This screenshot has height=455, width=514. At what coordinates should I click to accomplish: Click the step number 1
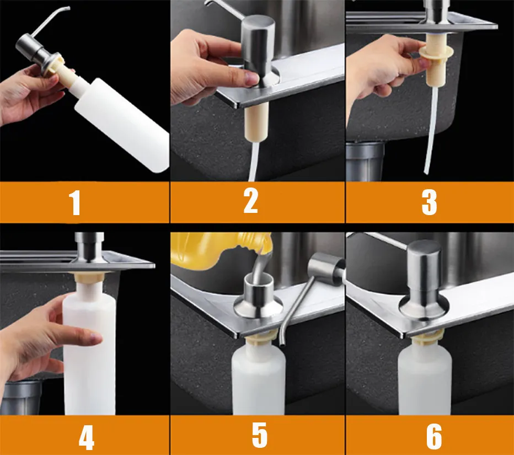click(76, 204)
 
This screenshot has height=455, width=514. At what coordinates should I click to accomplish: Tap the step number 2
click(251, 201)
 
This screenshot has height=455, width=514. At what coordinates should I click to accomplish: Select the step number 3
click(429, 202)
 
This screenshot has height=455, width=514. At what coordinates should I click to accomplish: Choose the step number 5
click(259, 435)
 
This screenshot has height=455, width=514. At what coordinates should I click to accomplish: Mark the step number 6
click(434, 437)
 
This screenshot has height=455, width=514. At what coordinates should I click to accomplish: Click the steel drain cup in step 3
click(365, 161)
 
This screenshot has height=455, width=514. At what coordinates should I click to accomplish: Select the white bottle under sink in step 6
click(424, 377)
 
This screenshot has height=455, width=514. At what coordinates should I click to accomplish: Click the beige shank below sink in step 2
click(257, 121)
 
